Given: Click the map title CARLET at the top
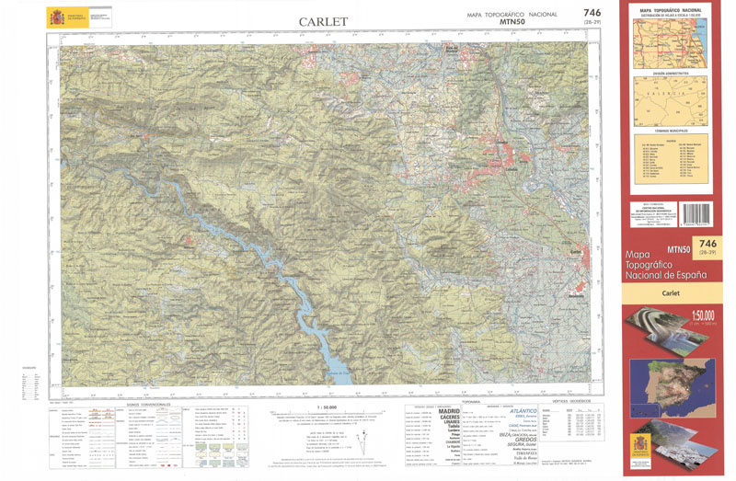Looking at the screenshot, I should coord(323,21).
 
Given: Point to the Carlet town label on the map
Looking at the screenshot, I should coord(577,251).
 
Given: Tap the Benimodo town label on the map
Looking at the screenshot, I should coord(576,296).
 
